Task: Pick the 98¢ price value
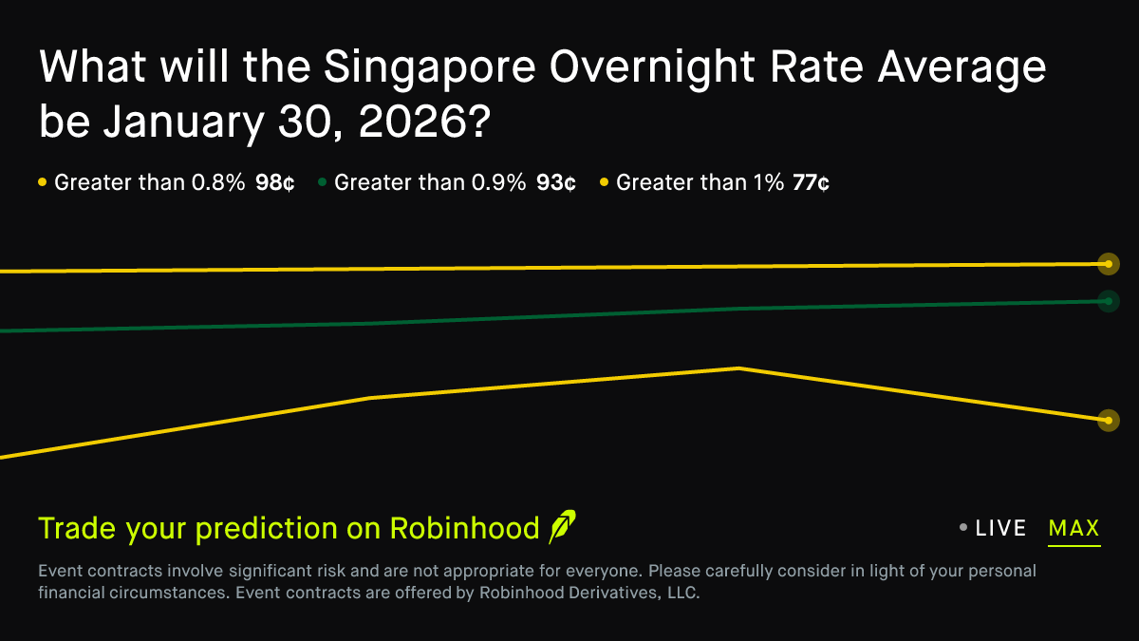coord(274,183)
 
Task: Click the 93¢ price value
coord(555,183)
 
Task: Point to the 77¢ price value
coord(811,183)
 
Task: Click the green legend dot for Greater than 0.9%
coord(323,182)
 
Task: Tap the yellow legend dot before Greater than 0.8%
coord(43,182)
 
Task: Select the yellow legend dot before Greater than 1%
coord(605,182)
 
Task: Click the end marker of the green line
coord(1108,301)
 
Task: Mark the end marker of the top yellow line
coord(1108,264)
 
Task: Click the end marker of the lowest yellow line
coord(1108,420)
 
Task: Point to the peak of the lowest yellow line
coord(738,368)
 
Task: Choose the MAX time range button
coord(1074,529)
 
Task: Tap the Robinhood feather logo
coord(562,527)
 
